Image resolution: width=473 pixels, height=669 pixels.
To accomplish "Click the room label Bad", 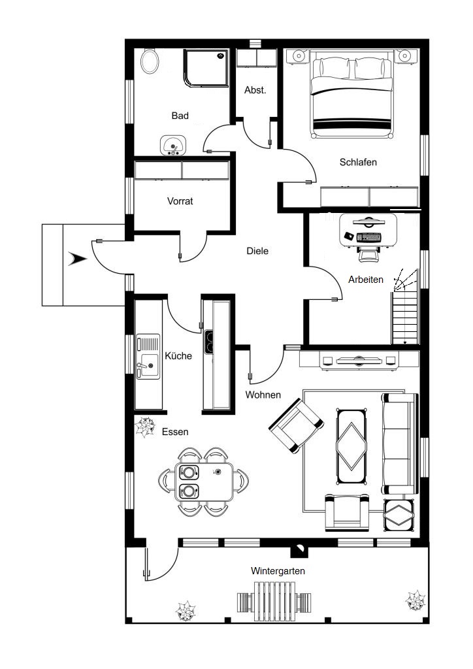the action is [180, 116].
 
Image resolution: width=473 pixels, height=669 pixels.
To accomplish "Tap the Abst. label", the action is [255, 90].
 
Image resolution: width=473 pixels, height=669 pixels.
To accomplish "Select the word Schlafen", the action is [358, 162].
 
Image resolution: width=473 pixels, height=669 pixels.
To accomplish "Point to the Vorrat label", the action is [180, 201].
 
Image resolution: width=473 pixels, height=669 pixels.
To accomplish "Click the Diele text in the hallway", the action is [257, 251].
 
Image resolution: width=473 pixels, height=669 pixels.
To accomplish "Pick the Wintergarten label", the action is [278, 571].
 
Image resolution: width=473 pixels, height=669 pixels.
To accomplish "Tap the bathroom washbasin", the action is [173, 146].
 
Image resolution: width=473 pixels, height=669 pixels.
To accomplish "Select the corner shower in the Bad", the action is [206, 68].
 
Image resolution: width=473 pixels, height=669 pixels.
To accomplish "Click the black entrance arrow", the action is [77, 259].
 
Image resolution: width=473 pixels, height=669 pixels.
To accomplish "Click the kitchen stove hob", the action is [208, 342].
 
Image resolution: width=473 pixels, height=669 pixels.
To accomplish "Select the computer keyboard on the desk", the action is [368, 237].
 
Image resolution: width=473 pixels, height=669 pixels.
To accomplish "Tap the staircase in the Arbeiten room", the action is [405, 307].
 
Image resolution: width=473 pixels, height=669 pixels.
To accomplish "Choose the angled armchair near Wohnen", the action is [296, 425].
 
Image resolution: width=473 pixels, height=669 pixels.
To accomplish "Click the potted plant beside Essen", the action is [145, 427].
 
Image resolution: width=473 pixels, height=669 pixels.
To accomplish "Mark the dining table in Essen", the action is [204, 481].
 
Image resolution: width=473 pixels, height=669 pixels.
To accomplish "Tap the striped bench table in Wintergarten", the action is [274, 602].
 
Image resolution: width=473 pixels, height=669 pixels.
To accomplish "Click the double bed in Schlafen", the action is [352, 94].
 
